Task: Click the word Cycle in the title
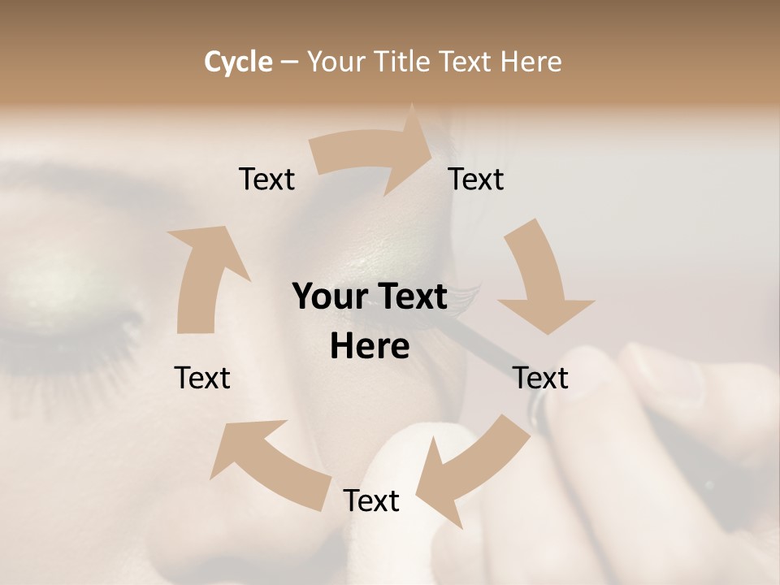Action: point(238,62)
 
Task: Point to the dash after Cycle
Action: point(290,63)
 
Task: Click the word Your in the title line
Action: point(336,62)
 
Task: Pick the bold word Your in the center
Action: point(328,297)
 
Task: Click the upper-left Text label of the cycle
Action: point(266,180)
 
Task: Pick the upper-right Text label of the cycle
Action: point(476,180)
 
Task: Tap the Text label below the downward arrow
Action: point(540,378)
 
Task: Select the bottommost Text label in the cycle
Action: point(371,500)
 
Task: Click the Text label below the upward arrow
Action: point(202,378)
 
